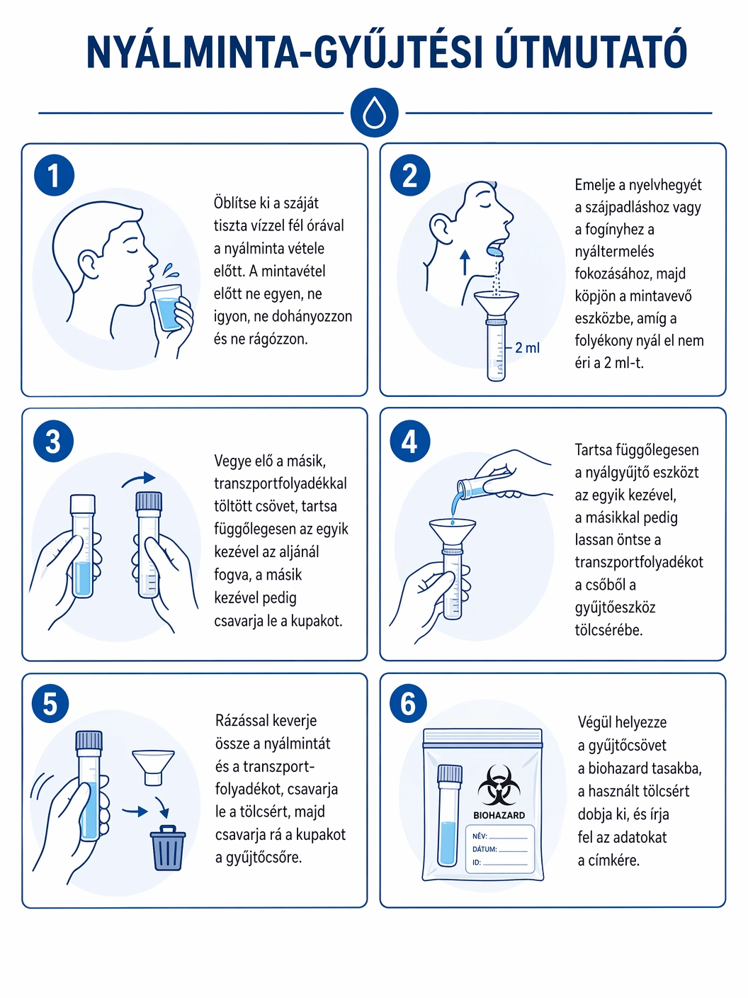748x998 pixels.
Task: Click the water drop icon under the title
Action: (x=374, y=112)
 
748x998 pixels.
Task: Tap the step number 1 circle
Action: (x=54, y=176)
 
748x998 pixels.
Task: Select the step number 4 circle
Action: (x=409, y=441)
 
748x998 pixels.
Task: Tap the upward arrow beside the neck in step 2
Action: (x=465, y=262)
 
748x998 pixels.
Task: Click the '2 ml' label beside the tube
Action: (x=527, y=348)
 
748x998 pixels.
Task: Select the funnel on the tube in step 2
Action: (x=496, y=303)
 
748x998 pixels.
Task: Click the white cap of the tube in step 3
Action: (x=83, y=503)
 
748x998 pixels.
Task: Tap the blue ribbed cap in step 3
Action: (x=149, y=501)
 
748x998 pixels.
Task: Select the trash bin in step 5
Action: (x=168, y=848)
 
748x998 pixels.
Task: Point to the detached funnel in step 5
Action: (x=154, y=768)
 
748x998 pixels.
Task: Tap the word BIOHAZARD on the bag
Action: (x=499, y=815)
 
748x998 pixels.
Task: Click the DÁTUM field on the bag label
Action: (x=499, y=849)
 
